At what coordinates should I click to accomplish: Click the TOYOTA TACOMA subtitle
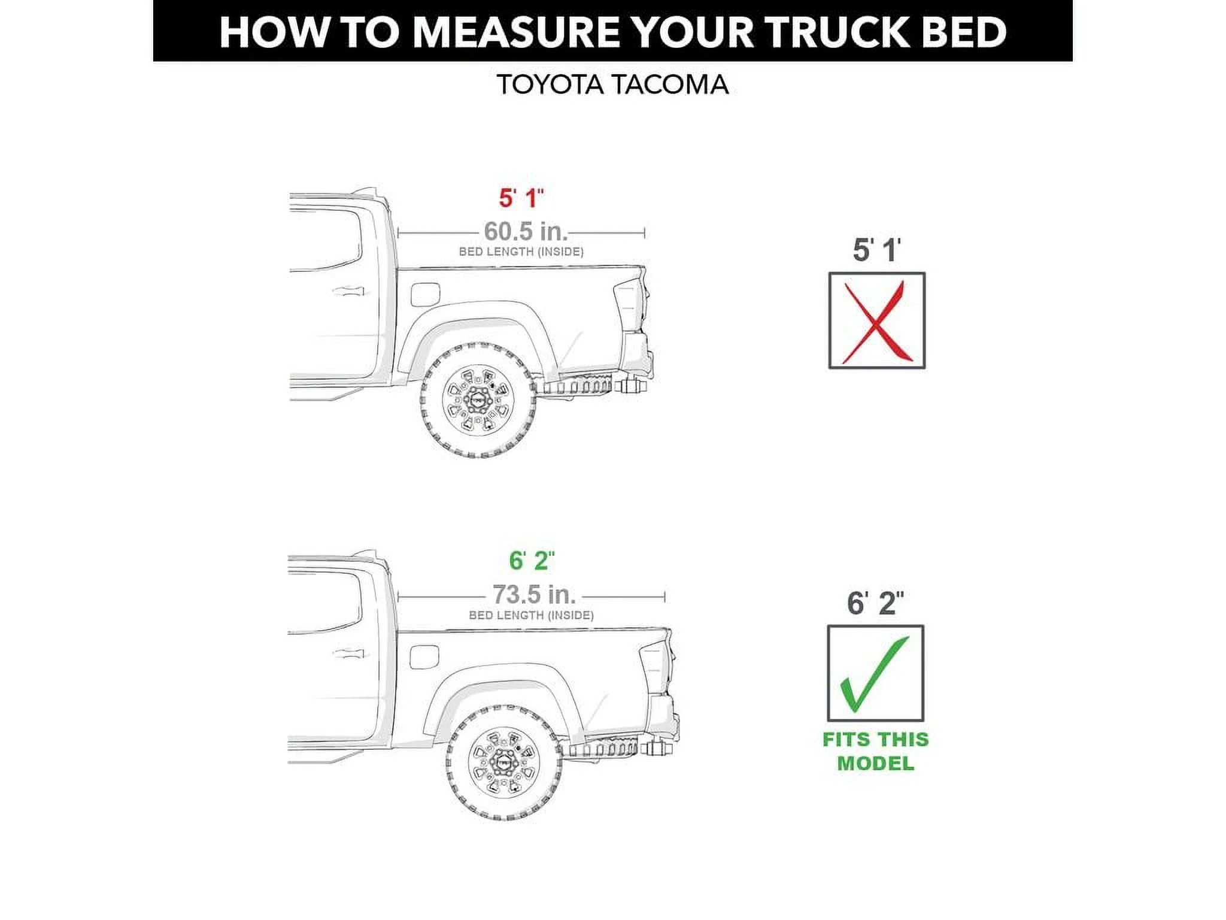pos(612,85)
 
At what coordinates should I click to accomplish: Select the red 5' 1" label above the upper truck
pos(521,198)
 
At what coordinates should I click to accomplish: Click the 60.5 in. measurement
pos(525,232)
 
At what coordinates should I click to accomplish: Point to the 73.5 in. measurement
pos(533,595)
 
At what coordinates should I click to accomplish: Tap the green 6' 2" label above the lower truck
pos(531,561)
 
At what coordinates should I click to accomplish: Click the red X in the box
pos(876,322)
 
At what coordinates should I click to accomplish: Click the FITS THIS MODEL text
pos(875,751)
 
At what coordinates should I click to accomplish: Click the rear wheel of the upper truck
pos(478,400)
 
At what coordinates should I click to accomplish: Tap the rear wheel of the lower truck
pos(504,762)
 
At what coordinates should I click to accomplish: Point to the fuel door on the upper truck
pos(426,295)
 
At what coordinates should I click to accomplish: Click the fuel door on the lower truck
pos(424,657)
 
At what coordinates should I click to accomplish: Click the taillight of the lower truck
pos(656,667)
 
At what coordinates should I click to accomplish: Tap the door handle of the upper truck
pos(347,292)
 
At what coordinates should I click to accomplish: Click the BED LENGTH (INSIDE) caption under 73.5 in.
pos(531,615)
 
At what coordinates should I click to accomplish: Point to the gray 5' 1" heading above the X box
pos(876,250)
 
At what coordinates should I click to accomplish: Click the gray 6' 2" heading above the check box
pos(875,603)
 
